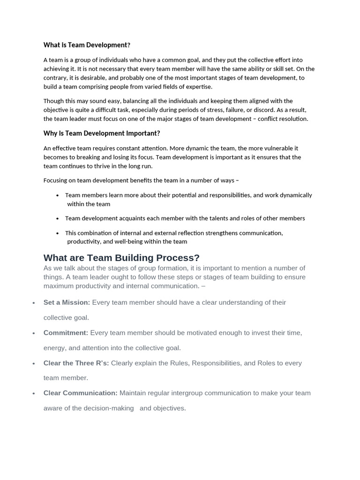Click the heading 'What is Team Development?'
87,45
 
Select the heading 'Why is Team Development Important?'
102,133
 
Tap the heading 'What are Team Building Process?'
121,258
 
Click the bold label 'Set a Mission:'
67,302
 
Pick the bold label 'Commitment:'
66,333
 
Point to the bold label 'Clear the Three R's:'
76,363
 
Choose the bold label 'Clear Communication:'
80,393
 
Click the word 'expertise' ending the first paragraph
198,87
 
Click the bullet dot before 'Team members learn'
57,195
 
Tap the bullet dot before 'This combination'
57,233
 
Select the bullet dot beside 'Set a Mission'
34,303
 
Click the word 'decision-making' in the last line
109,408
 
